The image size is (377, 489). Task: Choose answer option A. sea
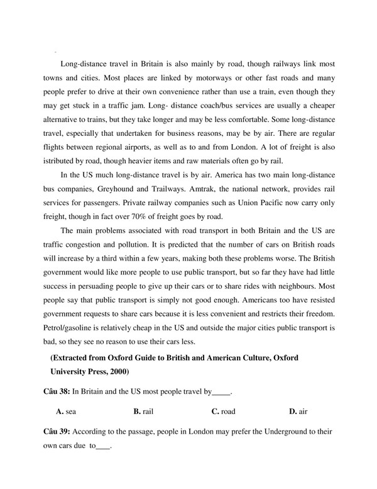[66, 412]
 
